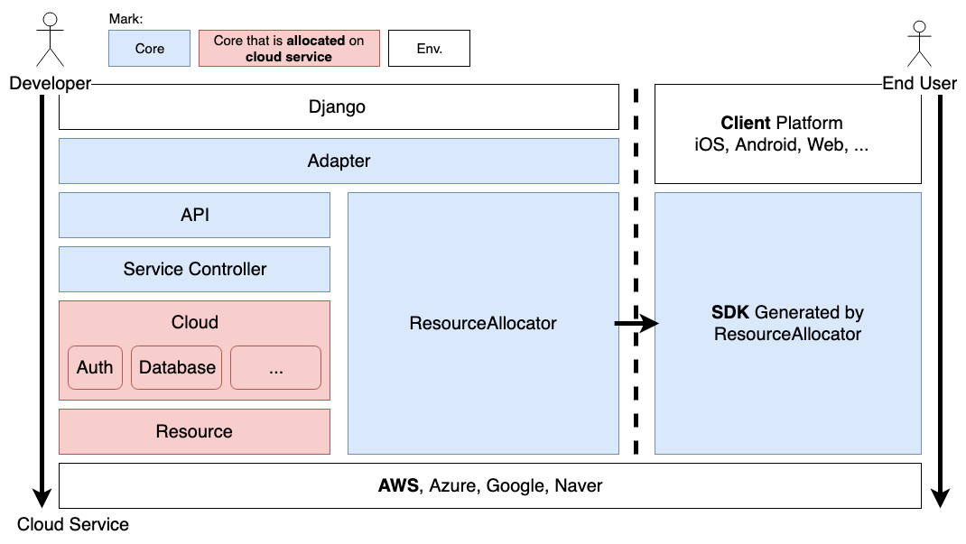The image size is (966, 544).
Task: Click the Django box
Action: click(x=339, y=106)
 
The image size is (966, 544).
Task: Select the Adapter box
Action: click(x=339, y=161)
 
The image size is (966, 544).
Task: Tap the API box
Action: click(x=195, y=215)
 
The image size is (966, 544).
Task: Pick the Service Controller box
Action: click(x=195, y=269)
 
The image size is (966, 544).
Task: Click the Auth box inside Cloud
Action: click(x=95, y=367)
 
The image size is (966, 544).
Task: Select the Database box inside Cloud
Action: click(x=177, y=367)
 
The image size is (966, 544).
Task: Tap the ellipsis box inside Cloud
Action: click(x=276, y=367)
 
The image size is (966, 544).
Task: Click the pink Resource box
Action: click(x=195, y=431)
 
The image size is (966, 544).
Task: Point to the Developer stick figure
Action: click(x=50, y=40)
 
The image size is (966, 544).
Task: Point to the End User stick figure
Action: click(x=919, y=43)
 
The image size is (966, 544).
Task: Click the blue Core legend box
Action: click(x=149, y=49)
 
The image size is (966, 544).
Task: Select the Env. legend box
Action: click(x=430, y=49)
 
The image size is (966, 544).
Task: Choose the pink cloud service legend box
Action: click(x=289, y=49)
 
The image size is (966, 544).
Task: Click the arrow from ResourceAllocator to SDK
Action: click(x=636, y=323)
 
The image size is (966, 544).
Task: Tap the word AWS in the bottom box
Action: click(x=399, y=485)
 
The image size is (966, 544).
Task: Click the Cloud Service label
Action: click(x=73, y=524)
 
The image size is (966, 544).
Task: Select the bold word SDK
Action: click(x=730, y=313)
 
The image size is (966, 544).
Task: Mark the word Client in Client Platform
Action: click(x=746, y=123)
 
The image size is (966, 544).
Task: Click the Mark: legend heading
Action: click(x=125, y=19)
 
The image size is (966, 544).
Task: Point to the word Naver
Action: click(x=579, y=485)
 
